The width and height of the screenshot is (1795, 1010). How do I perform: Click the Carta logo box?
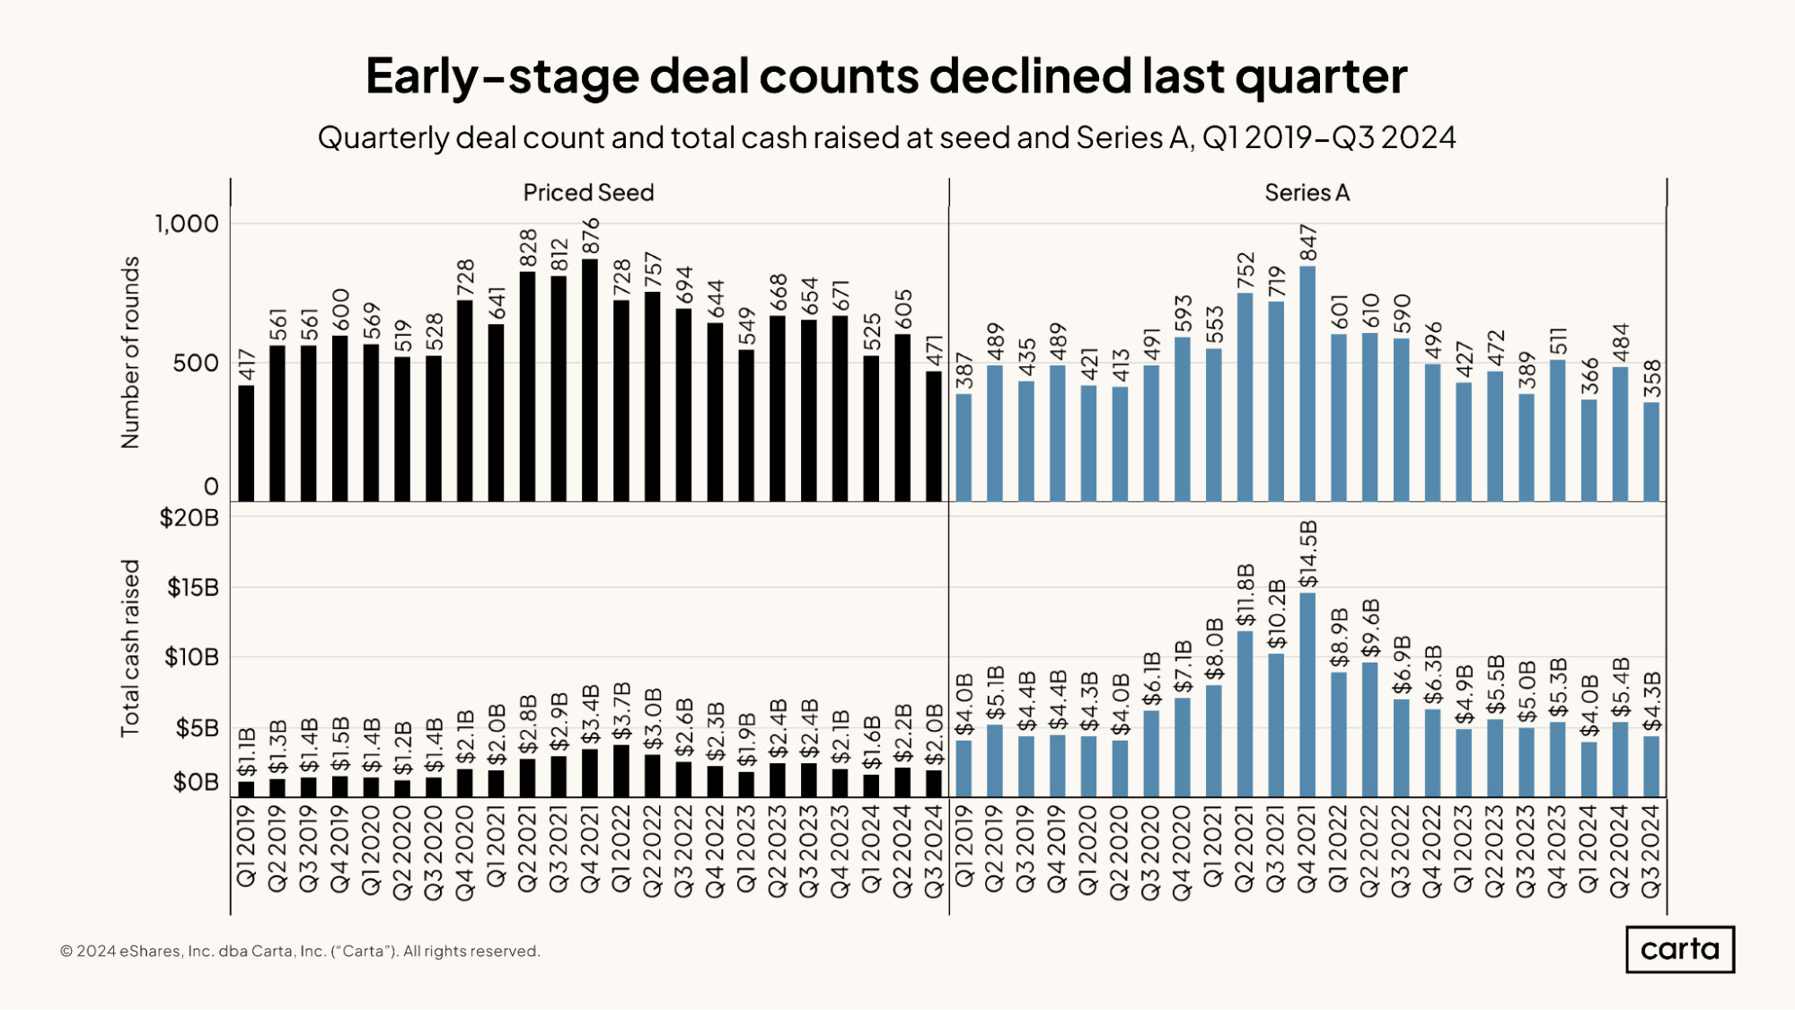1679,949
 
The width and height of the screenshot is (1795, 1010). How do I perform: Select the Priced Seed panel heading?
588,193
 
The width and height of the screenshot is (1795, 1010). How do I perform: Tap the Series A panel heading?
1307,193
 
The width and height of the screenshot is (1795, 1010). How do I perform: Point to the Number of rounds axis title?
131,352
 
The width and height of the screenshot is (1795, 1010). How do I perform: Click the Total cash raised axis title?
131,647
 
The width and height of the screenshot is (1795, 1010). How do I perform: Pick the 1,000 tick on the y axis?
187,224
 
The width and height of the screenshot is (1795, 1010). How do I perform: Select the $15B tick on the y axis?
192,588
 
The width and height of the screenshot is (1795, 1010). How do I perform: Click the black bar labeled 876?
590,381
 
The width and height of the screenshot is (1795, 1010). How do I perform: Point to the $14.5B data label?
1307,554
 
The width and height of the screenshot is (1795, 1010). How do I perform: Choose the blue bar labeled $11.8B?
1245,714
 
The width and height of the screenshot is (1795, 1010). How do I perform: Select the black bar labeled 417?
246,444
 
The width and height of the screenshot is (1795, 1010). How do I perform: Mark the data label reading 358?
1652,379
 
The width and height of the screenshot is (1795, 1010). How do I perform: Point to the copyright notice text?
300,951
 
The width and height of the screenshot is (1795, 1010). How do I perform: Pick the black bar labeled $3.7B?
621,771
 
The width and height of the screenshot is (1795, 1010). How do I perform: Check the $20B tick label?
189,518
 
